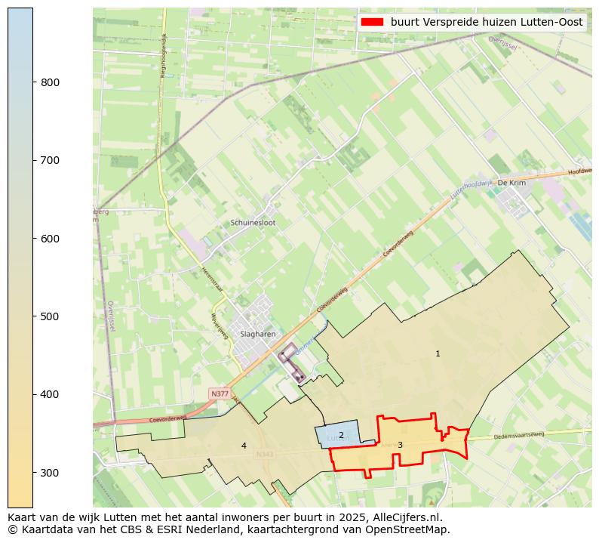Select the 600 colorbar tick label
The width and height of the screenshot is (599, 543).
tap(50, 239)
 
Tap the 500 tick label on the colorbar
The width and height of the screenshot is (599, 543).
tap(50, 316)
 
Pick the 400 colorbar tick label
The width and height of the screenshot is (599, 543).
tap(50, 394)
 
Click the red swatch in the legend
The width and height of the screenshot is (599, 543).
tap(373, 23)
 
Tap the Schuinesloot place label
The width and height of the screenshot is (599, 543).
tap(253, 223)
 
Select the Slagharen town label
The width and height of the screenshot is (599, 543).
tap(257, 334)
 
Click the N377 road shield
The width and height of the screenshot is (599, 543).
tap(220, 394)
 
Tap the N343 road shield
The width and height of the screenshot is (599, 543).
tap(264, 455)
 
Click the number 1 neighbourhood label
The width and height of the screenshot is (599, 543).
tap(438, 353)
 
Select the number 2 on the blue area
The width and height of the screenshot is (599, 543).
tap(341, 435)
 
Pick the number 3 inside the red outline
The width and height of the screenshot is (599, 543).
tap(400, 445)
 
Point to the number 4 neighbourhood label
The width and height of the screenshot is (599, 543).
tap(244, 446)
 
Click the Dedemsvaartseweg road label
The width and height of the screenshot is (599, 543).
tap(519, 436)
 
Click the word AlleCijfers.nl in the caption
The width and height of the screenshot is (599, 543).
tap(406, 517)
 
